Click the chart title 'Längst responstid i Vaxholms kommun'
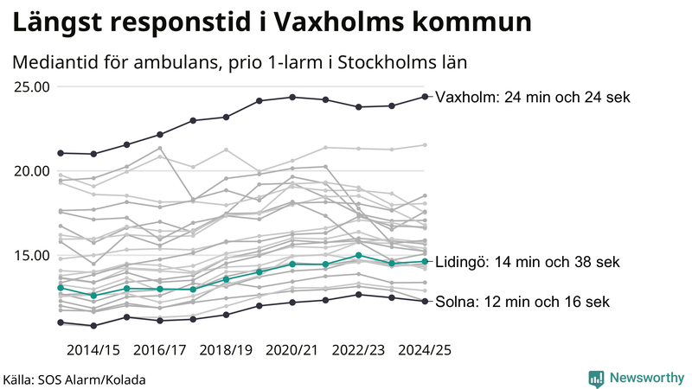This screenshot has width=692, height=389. [272, 22]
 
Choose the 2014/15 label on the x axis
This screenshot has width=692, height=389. [93, 350]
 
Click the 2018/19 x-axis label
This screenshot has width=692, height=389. [226, 350]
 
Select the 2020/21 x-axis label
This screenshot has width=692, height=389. [292, 350]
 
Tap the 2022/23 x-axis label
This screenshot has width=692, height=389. [358, 350]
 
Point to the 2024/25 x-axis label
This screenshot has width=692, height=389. [424, 350]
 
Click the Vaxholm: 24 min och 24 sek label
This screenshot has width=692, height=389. [533, 98]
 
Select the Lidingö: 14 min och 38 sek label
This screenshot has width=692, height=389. [527, 262]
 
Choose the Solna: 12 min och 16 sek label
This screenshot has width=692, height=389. [522, 302]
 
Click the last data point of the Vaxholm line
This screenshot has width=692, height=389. [425, 96]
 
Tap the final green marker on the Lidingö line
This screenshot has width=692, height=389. [425, 261]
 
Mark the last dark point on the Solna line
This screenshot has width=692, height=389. [425, 301]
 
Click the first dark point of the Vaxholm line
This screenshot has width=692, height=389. [61, 153]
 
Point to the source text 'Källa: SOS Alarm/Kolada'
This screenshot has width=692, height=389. [74, 379]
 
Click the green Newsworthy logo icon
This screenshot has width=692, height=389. [596, 378]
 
